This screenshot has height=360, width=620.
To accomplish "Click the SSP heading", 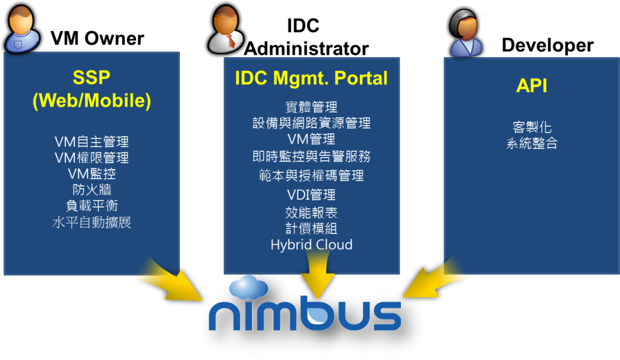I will point(91,77).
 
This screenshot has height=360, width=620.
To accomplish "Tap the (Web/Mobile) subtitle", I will point(92,100).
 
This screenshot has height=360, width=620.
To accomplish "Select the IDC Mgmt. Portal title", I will point(311,78).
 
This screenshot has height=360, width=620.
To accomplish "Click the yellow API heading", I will point(531,86).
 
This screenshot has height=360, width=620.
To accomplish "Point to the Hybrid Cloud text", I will point(311,245).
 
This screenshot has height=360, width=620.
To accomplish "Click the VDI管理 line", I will point(311,194).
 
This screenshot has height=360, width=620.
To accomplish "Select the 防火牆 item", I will point(92,189).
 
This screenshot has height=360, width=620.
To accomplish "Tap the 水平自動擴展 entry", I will point(92,222).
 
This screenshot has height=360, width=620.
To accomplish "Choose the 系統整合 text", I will point(531,144).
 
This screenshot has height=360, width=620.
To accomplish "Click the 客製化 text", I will point(531,127).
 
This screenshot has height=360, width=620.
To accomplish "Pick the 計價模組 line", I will point(311,228).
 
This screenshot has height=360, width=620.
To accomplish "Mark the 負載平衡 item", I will point(92,205).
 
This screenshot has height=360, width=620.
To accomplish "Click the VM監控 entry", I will point(92,173).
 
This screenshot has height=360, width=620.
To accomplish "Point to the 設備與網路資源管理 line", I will point(311,123).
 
